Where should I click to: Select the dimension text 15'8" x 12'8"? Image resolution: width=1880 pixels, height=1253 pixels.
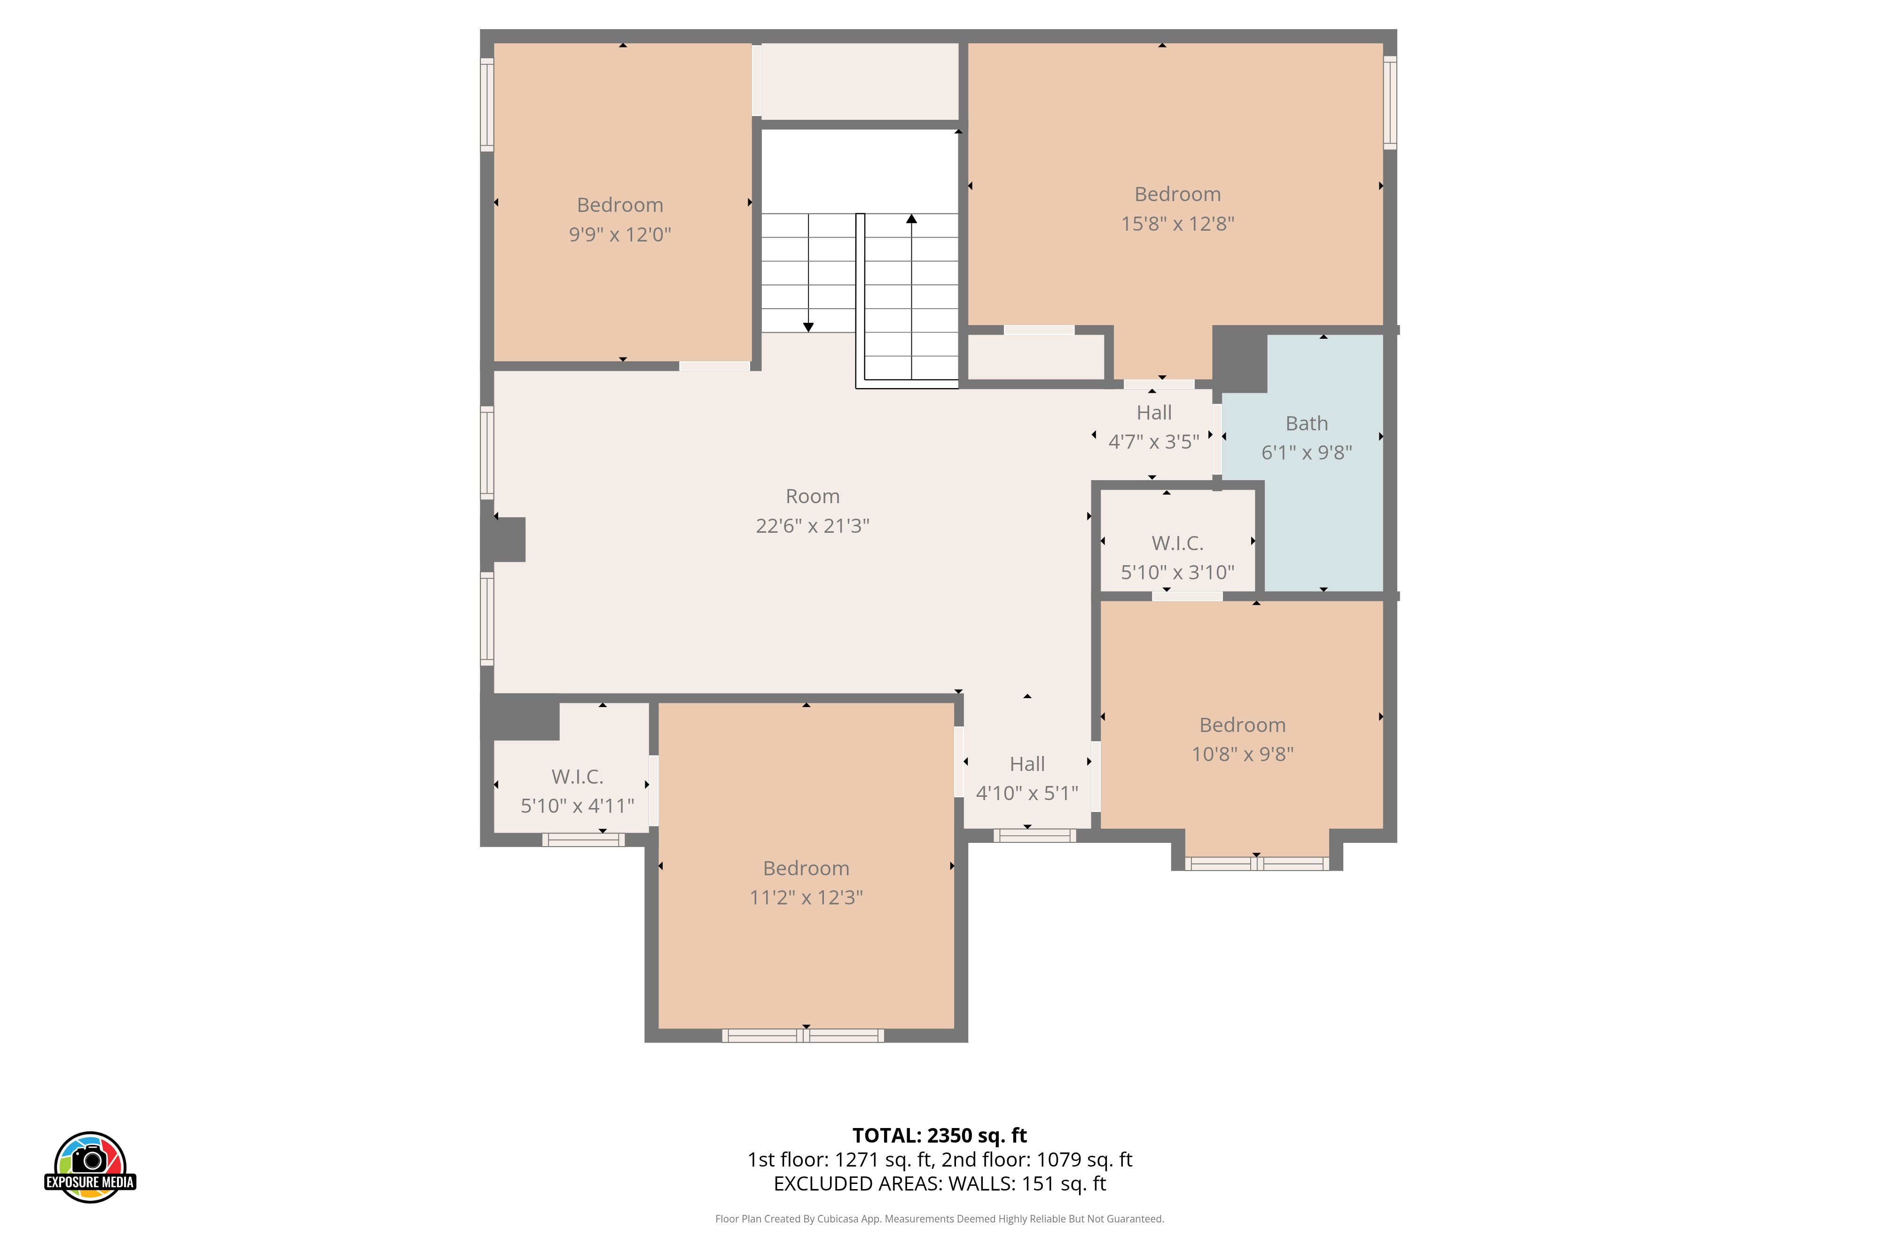[x=1177, y=224]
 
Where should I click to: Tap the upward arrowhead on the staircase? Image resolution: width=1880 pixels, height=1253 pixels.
[x=911, y=218]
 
